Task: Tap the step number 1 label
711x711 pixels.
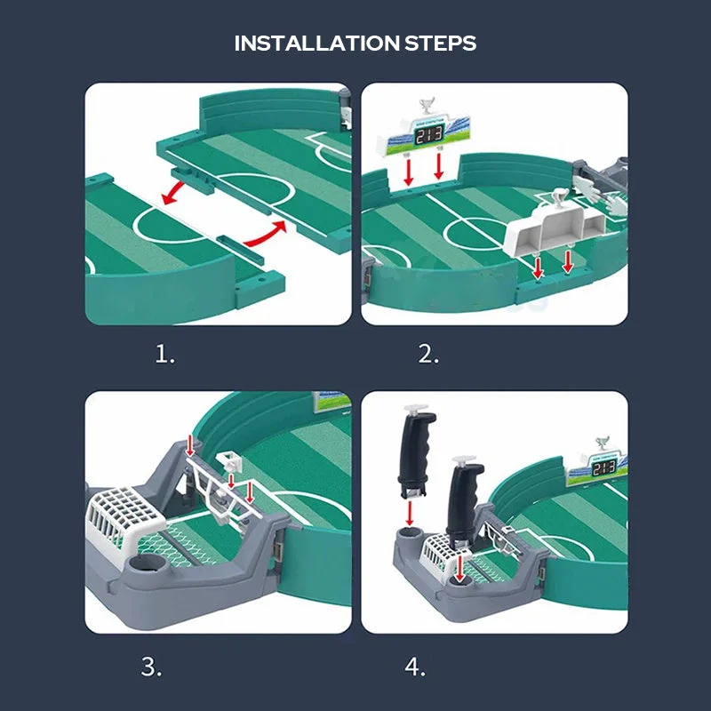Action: coord(165,355)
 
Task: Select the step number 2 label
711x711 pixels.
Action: coord(429,355)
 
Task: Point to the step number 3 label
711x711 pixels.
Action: coord(152,666)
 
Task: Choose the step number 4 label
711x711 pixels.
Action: coord(415,666)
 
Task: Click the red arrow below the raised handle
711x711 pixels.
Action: coord(411,513)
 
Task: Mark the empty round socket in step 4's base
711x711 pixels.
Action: coord(410,536)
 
